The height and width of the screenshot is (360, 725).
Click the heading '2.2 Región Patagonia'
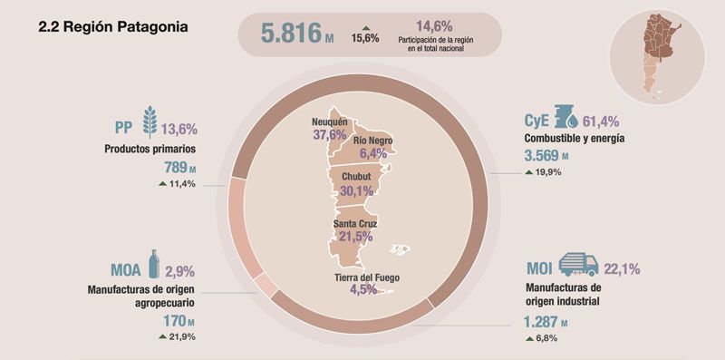113,27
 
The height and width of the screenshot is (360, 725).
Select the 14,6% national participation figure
433,25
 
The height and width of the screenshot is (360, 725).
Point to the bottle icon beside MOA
154,265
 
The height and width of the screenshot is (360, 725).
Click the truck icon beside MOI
578,264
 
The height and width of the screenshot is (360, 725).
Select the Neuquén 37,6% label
324,135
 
